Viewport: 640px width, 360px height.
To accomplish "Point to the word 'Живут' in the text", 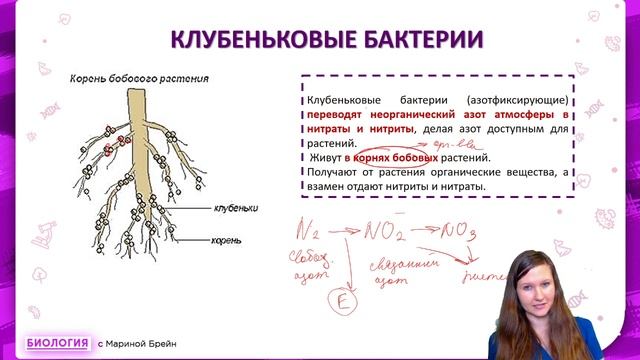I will pyautogui.click(x=324, y=158).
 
